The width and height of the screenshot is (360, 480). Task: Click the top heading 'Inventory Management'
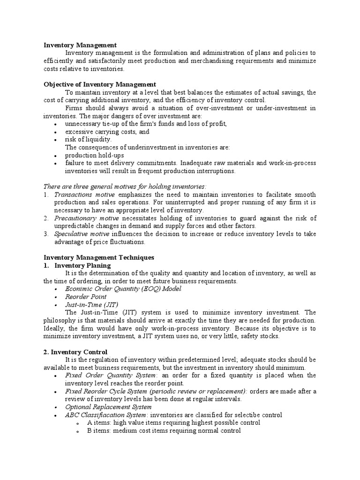point(80,45)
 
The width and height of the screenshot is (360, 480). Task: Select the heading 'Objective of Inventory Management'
point(99,84)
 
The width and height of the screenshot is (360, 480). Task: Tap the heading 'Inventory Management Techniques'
point(98,257)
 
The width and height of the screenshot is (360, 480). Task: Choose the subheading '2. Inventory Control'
point(75,352)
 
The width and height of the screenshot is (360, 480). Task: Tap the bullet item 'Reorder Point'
point(86,297)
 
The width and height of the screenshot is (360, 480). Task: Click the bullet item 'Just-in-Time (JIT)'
point(91,305)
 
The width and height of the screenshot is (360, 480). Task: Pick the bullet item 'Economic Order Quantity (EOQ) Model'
point(123,289)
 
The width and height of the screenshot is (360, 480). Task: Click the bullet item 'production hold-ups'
point(94,155)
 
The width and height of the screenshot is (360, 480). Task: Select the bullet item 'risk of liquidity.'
point(88,139)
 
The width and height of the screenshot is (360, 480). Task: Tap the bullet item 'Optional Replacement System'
point(108,407)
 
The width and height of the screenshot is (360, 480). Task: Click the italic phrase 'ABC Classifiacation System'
point(106,415)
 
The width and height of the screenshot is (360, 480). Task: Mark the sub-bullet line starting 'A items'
point(173,422)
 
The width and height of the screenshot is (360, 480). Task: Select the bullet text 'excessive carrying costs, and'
point(107,132)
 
